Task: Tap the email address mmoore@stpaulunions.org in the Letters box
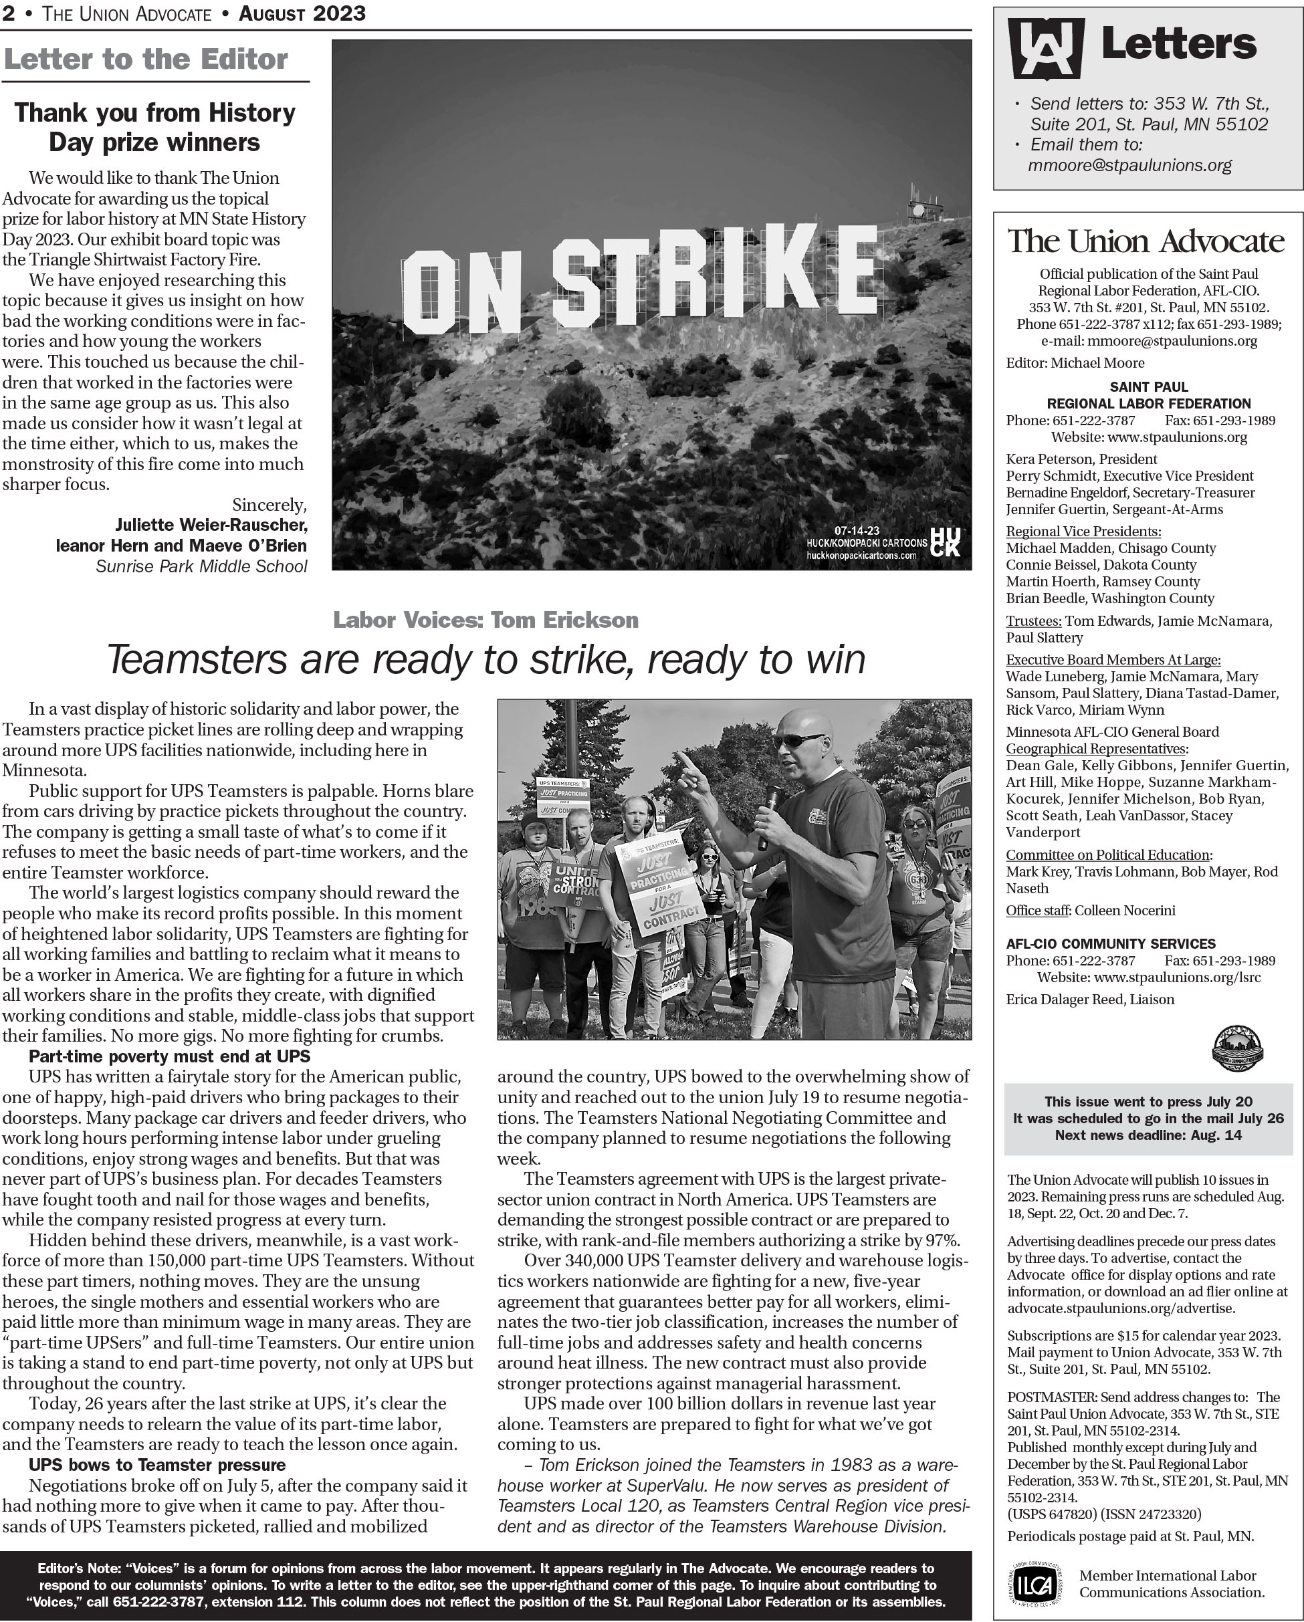point(1129,166)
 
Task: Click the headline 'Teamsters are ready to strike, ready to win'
point(486,659)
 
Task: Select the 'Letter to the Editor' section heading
point(145,60)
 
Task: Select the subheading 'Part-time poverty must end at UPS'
point(169,1056)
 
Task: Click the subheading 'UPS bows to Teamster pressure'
point(157,1465)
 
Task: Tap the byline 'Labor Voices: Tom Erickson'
point(486,620)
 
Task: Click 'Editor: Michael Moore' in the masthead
point(1075,362)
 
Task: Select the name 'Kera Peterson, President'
point(1081,459)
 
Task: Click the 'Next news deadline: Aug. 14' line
point(1148,1135)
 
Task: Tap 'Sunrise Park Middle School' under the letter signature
point(201,566)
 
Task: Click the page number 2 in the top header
point(9,13)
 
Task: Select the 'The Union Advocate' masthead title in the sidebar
point(1146,241)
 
